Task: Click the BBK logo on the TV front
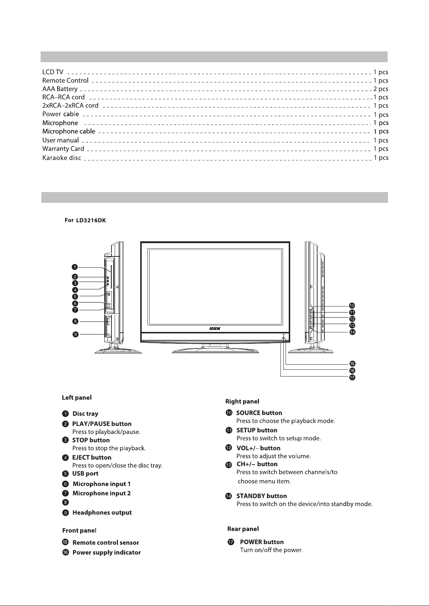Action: pos(215,328)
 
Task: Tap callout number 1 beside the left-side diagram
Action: pos(74,267)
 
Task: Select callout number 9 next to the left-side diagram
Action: pos(75,334)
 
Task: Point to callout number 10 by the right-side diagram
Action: pos(352,306)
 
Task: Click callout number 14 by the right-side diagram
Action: pos(352,332)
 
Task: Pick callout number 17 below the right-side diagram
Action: pos(352,378)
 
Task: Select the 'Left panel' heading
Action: pos(77,397)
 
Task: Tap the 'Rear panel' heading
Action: pos(243,529)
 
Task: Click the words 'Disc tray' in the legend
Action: pos(85,414)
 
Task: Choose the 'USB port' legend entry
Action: pos(85,473)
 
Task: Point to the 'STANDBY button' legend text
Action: pos(261,496)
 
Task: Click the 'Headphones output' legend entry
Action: pos(102,512)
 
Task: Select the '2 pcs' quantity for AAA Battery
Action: pos(381,89)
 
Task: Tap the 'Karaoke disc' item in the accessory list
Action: pos(61,158)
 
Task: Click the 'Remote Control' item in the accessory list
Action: pos(65,81)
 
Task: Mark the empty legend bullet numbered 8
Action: pos(65,502)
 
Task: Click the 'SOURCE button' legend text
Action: pos(259,413)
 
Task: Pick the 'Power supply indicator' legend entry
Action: pos(106,552)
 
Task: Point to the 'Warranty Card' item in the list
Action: pos(63,149)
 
